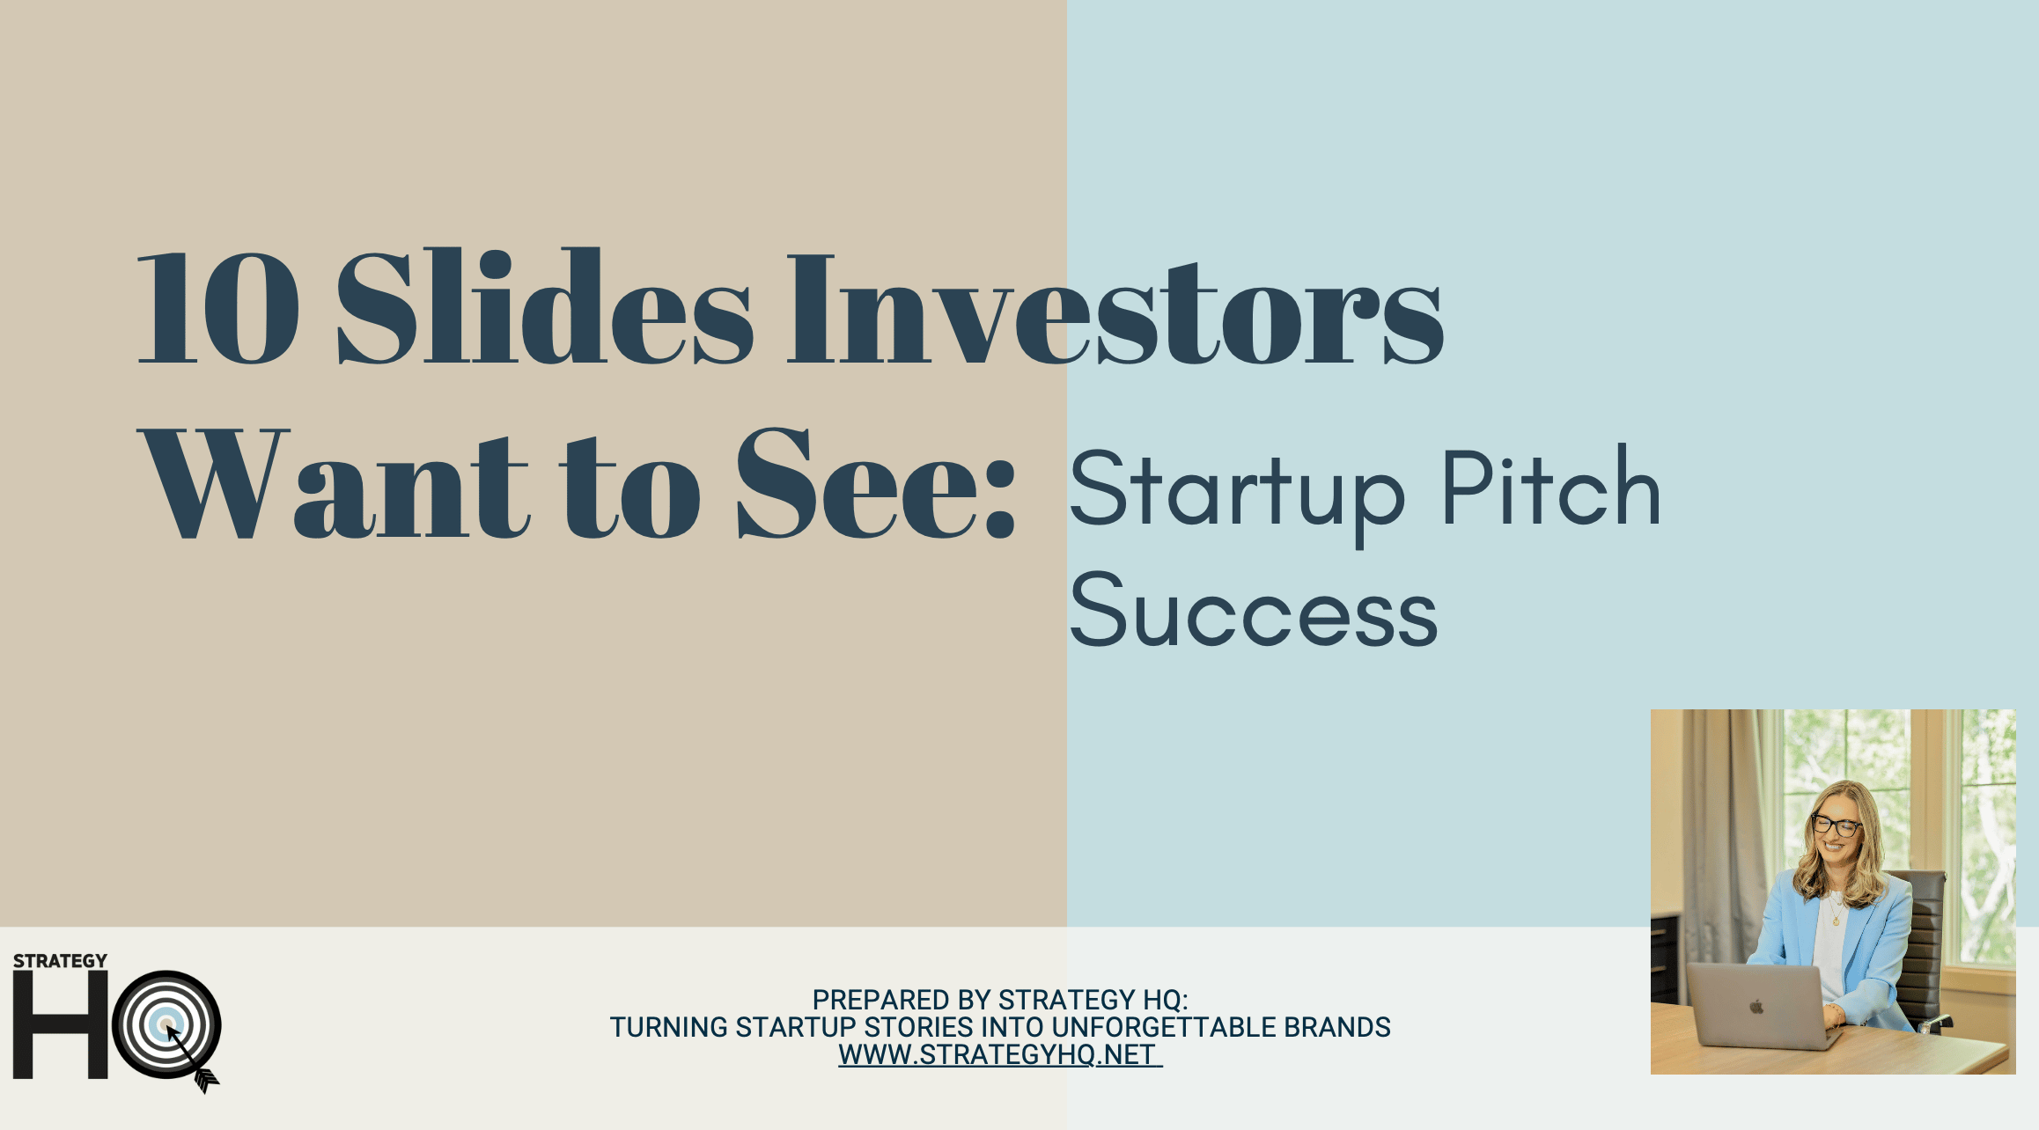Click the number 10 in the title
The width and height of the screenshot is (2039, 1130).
point(218,307)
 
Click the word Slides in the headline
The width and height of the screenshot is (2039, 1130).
point(545,305)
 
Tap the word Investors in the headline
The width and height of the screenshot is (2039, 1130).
point(1115,308)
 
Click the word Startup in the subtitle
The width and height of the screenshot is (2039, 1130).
point(1236,493)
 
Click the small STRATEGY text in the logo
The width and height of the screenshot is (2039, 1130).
point(60,961)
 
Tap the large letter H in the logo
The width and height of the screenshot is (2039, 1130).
point(60,1025)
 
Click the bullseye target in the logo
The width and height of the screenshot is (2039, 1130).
point(166,1024)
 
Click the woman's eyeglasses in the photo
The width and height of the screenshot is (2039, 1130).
point(1837,825)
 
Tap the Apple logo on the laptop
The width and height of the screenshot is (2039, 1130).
point(1756,1007)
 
